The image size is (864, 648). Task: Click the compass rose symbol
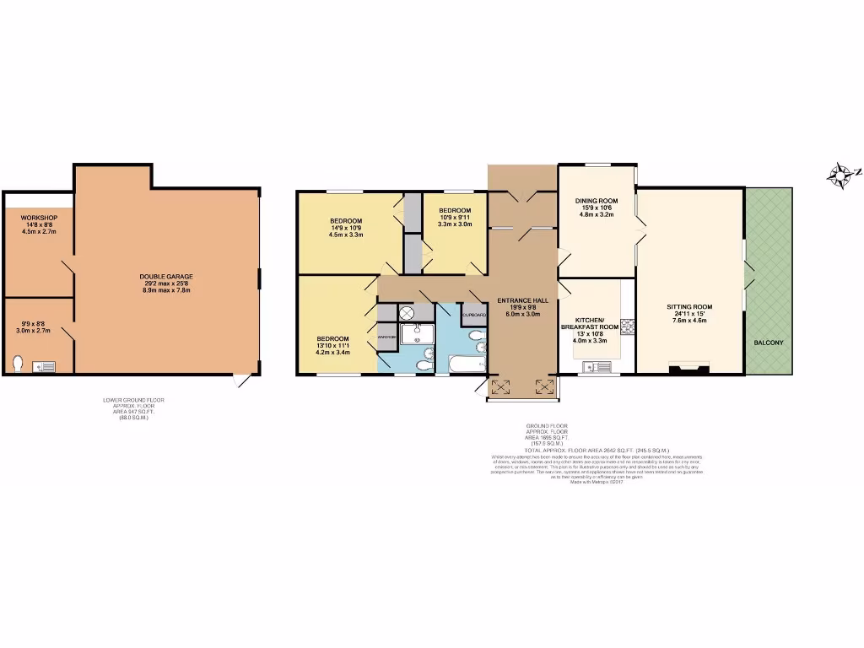click(840, 175)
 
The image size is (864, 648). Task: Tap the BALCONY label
click(768, 343)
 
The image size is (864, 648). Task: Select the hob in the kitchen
click(628, 326)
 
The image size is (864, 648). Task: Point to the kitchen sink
click(598, 366)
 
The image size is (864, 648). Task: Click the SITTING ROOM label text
click(689, 307)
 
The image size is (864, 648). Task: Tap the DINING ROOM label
click(597, 201)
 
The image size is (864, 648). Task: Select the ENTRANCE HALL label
click(522, 300)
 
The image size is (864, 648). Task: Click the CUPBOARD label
click(475, 315)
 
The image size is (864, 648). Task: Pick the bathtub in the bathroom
click(467, 364)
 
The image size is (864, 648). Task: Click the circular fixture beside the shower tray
click(407, 312)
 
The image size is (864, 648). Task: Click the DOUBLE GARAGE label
click(166, 276)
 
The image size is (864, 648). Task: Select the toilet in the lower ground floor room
click(18, 364)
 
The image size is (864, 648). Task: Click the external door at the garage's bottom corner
click(243, 381)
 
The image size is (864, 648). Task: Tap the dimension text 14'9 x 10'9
click(345, 229)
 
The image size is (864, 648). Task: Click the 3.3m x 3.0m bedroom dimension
click(454, 224)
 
